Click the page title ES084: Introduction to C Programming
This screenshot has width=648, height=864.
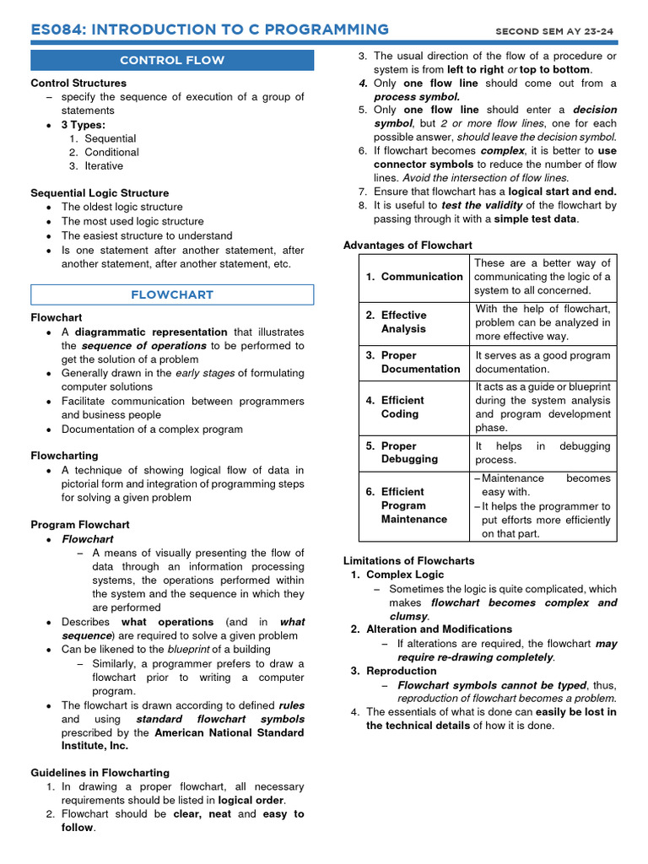click(209, 30)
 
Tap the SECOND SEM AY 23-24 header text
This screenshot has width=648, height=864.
click(554, 31)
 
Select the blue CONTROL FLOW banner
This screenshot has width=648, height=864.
click(172, 60)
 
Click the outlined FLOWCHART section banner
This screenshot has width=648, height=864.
click(172, 294)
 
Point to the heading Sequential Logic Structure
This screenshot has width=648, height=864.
click(100, 193)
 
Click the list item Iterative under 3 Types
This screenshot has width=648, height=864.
click(103, 166)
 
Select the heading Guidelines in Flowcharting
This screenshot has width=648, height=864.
click(100, 773)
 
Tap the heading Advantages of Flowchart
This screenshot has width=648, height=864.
click(408, 246)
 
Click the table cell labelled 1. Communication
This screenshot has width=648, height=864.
click(414, 277)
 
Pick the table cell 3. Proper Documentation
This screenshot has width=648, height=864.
click(413, 362)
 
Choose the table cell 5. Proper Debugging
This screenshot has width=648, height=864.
click(410, 452)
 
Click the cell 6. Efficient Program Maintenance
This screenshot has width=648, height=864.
click(414, 505)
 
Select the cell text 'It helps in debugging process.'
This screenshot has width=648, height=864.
click(543, 452)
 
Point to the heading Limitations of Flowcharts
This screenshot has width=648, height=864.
click(408, 561)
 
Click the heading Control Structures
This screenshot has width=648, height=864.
click(78, 84)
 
